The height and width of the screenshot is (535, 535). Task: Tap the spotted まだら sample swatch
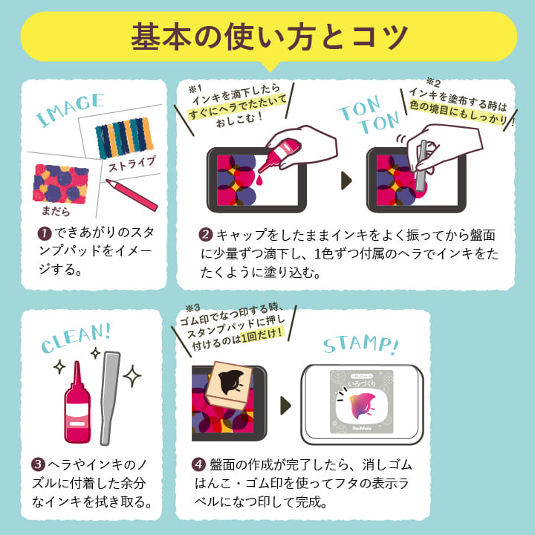click(62, 182)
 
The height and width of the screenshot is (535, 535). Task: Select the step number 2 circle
click(207, 235)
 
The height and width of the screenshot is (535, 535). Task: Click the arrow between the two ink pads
click(346, 181)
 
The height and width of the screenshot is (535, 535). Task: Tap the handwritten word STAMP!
click(360, 343)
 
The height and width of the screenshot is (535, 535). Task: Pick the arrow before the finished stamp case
click(286, 405)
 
